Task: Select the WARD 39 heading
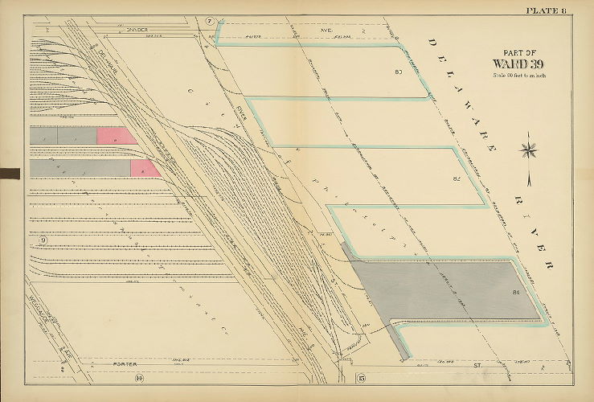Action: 518,64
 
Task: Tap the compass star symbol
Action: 529,149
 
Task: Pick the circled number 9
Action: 43,241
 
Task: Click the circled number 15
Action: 361,377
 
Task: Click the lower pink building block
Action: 143,168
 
